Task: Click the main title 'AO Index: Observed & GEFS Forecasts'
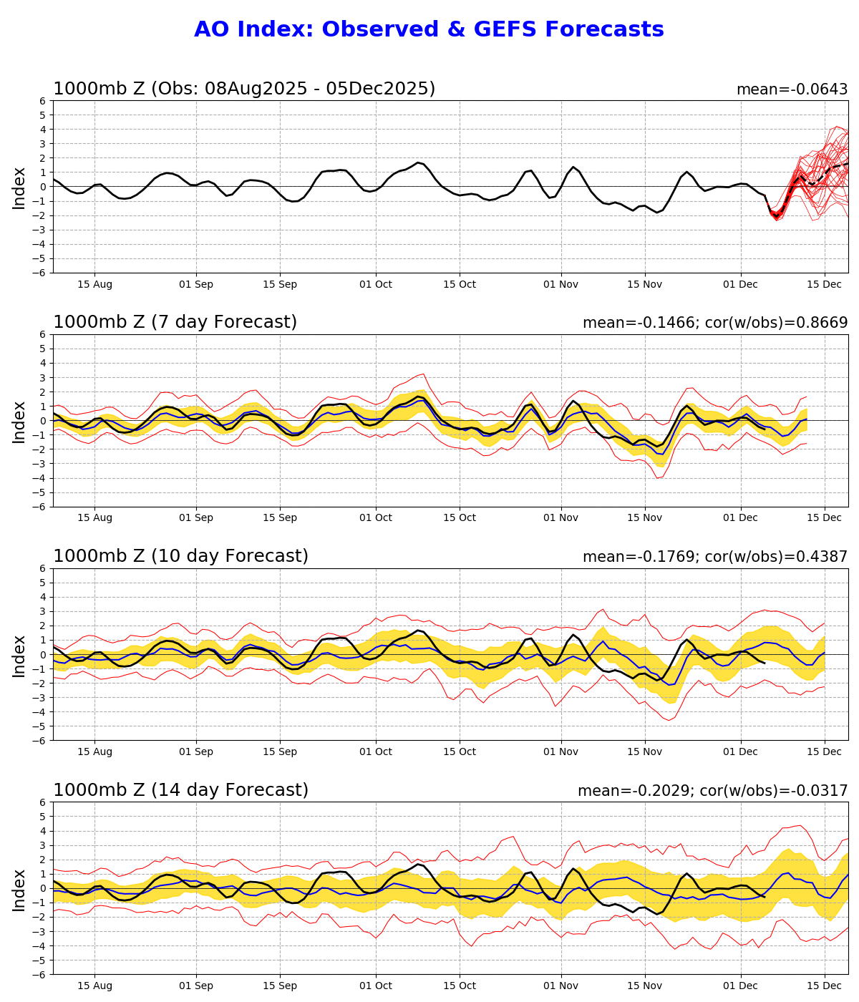(429, 30)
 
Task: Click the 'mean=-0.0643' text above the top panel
(792, 90)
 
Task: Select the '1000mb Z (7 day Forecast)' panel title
(175, 323)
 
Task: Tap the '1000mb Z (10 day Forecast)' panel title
(180, 557)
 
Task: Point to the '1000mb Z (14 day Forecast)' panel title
(180, 790)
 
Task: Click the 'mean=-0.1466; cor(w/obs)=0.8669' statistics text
(714, 324)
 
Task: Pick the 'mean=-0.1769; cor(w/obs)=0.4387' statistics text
(714, 557)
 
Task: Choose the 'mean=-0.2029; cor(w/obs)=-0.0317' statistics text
(712, 791)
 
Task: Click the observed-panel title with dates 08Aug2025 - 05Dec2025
(244, 89)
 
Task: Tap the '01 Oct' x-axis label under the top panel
(375, 285)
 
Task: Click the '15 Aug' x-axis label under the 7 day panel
(94, 518)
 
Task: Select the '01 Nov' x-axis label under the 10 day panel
(560, 752)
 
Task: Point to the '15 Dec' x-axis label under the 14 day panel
(824, 986)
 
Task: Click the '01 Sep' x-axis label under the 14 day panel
(195, 986)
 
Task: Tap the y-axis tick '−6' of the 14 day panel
(42, 974)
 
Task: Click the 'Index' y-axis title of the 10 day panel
(19, 655)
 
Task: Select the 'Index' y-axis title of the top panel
(19, 188)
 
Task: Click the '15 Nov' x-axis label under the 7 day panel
(644, 518)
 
